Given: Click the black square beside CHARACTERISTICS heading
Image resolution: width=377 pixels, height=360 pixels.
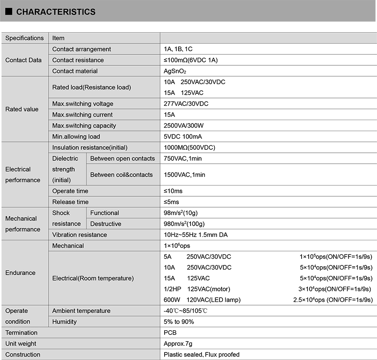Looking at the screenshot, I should tap(9, 12).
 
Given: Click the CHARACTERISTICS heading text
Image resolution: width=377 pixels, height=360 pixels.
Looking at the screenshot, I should tap(56, 12).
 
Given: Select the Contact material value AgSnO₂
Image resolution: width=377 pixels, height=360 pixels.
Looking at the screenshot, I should tap(175, 71).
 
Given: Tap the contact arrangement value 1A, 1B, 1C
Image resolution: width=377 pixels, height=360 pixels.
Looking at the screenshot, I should tap(178, 49).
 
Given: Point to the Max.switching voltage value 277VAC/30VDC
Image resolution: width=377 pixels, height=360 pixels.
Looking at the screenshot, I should tap(186, 104).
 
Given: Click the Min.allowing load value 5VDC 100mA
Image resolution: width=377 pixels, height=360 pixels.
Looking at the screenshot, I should tap(183, 136).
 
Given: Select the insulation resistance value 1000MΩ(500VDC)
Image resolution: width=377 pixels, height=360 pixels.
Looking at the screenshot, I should tap(189, 147).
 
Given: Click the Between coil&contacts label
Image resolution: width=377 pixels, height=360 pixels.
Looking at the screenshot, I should tap(121, 175).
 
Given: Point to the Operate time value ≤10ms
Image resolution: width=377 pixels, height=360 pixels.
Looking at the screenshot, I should tap(173, 191).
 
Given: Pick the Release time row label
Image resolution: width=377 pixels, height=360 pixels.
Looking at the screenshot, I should tap(70, 202).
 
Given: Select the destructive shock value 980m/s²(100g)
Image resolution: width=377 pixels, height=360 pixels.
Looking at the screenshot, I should tap(184, 224).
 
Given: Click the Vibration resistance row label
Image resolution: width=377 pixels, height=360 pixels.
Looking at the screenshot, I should tap(80, 235).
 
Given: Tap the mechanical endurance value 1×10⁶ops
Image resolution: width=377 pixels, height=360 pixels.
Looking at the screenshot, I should tap(177, 246).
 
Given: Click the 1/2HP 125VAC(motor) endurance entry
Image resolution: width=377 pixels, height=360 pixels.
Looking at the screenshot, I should tap(197, 289).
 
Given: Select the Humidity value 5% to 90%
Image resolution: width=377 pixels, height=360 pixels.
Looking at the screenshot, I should tap(179, 321).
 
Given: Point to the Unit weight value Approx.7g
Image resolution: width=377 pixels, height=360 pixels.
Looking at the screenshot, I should tap(178, 344).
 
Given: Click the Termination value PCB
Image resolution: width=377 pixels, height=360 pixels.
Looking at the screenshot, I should tap(170, 333).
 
